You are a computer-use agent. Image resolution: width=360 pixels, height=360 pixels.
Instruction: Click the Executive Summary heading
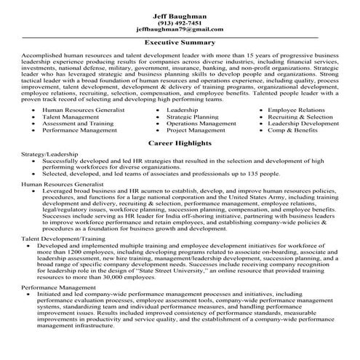click(x=179, y=43)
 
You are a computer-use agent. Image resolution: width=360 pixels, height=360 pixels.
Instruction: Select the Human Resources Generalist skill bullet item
click(x=84, y=110)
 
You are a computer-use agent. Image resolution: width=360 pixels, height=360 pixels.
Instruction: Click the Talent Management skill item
click(x=72, y=117)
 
